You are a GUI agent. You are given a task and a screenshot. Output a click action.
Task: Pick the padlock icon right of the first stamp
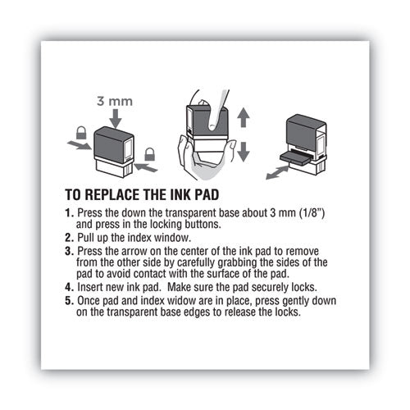150,153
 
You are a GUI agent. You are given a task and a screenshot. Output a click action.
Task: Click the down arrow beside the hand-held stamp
242,150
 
